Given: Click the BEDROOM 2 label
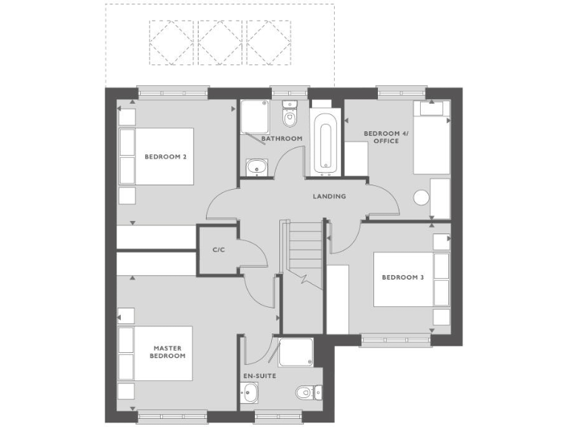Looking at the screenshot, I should [x=164, y=156].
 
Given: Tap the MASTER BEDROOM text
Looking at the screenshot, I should [x=168, y=352].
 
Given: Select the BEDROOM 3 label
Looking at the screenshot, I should [x=402, y=278].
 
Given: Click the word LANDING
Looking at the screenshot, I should [x=329, y=196].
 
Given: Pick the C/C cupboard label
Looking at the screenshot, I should [x=219, y=251].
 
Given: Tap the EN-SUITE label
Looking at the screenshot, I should [x=259, y=376].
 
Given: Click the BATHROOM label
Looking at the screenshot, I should [x=282, y=139].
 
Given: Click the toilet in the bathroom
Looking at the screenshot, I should [x=288, y=116].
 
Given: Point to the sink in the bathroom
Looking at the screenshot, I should [x=256, y=168].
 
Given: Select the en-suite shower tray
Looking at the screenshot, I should [x=296, y=352].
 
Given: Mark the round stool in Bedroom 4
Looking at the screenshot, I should [x=422, y=198].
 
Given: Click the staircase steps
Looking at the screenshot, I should [x=303, y=248].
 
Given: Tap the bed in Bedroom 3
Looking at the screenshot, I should [x=411, y=279].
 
